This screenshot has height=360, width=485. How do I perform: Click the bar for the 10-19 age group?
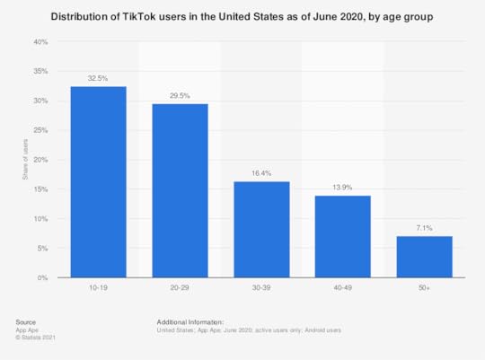(99, 182)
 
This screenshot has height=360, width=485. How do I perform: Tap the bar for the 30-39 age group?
(261, 230)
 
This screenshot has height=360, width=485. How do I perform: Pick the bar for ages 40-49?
(343, 237)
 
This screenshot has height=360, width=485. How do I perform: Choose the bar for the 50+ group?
(424, 257)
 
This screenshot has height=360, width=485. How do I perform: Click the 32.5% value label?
(99, 79)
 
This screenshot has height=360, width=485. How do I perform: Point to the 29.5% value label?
(180, 96)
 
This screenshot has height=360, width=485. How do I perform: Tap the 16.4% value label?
(261, 173)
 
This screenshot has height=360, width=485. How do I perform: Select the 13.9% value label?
(343, 189)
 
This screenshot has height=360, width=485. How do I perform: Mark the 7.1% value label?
(424, 228)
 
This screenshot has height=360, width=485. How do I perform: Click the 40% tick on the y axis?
(41, 42)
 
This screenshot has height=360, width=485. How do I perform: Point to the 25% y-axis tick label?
(41, 130)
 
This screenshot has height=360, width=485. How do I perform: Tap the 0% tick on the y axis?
(43, 278)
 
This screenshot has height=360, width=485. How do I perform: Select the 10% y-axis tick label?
(41, 219)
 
